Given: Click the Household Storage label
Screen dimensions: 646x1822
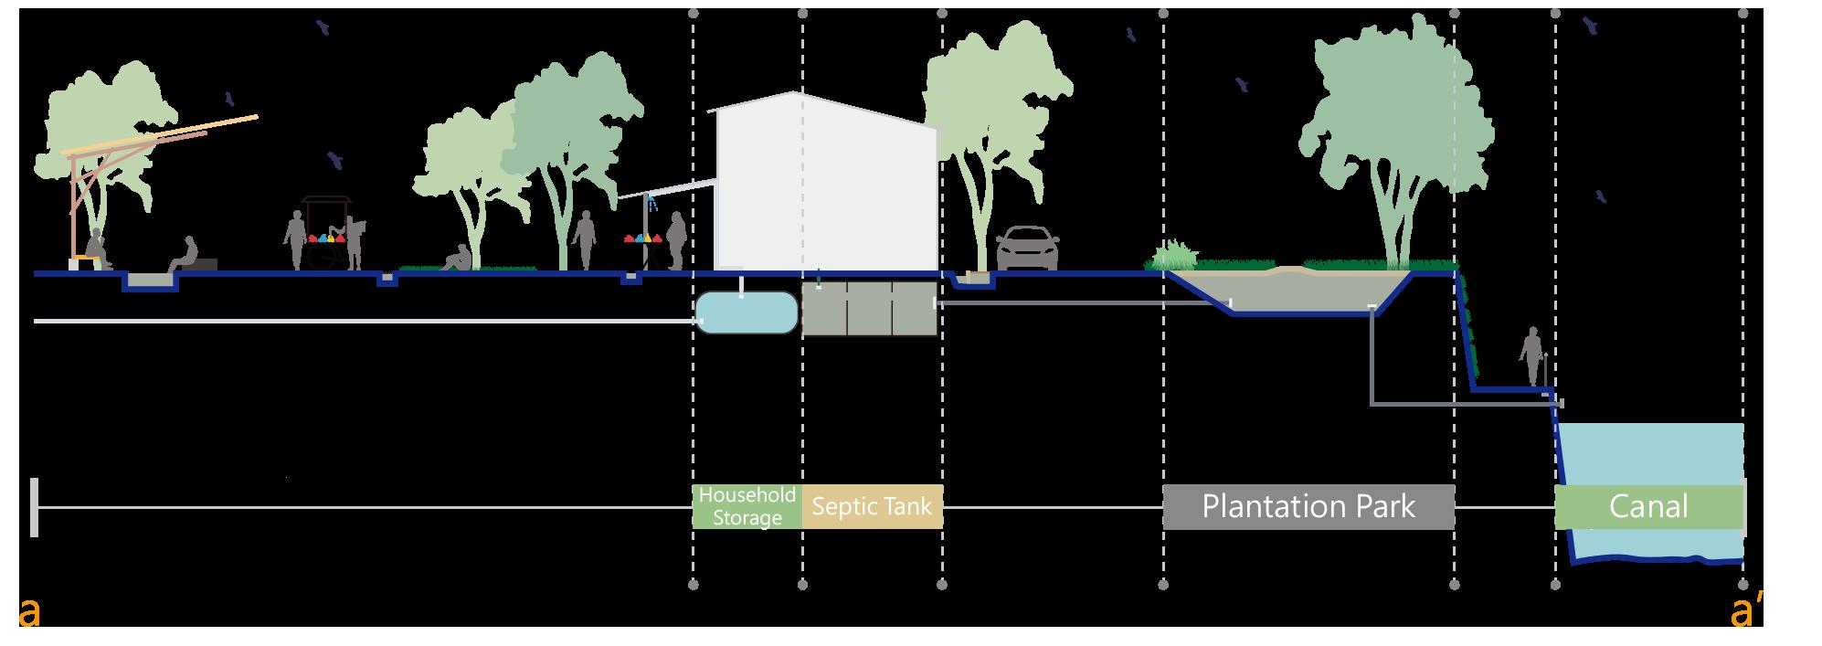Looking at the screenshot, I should coord(747,506).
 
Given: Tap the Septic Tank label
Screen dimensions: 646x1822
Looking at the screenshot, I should coord(872,506).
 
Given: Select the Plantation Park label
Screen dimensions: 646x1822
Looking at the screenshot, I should coord(1308,506).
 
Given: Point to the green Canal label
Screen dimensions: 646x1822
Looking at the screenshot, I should coord(1648,506).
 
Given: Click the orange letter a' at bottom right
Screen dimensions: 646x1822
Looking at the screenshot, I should coord(1746,612).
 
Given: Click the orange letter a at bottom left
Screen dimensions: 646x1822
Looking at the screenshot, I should coord(29,613).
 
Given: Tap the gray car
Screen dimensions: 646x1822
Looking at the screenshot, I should coord(1027,249).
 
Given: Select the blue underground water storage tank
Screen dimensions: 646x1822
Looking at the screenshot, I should coord(746,312).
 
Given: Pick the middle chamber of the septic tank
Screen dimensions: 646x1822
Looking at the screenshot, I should coord(869,308).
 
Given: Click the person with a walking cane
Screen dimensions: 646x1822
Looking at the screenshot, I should coord(1531,358).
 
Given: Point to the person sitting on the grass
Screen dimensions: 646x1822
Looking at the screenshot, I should coord(454,259).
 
